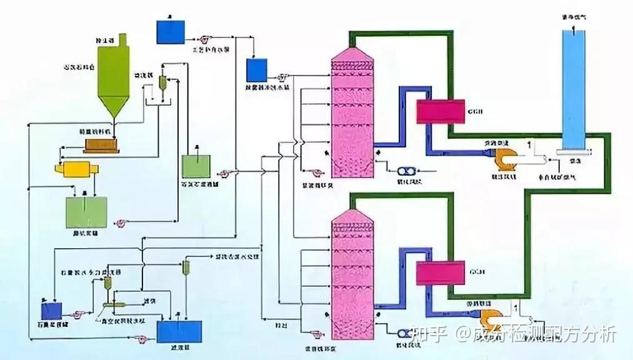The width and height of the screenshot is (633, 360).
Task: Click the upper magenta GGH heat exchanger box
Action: (x=440, y=111)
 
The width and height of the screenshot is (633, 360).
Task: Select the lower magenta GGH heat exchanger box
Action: (x=440, y=272)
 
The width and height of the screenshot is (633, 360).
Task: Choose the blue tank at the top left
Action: (x=171, y=32)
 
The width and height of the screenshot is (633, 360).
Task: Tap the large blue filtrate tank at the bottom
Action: (x=180, y=329)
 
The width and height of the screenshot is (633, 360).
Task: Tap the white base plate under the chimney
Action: (x=571, y=151)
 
